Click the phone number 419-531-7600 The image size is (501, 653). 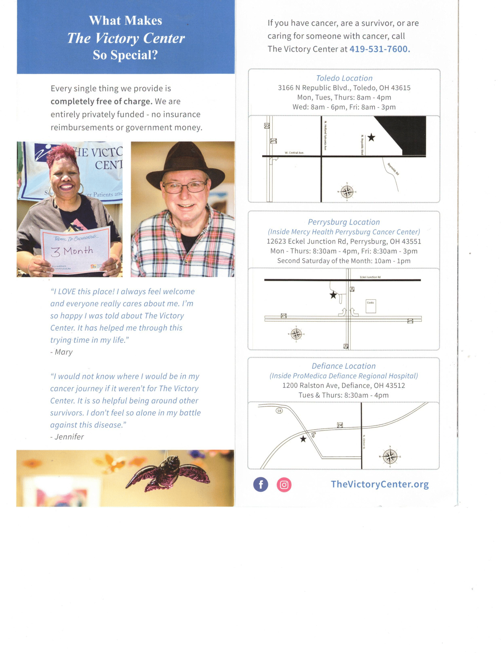[379, 49]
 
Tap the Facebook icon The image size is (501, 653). [261, 484]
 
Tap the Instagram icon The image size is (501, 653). [284, 485]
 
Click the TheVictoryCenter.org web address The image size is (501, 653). [380, 484]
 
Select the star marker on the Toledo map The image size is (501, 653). [371, 137]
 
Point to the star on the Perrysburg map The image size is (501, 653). [333, 295]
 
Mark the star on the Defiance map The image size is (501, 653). [303, 439]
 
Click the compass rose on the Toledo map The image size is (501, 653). [347, 191]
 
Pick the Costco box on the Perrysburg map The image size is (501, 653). [371, 306]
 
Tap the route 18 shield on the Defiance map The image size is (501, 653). [279, 411]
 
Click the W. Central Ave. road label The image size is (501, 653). [294, 153]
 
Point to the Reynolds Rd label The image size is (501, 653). [393, 169]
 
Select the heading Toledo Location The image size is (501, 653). [344, 78]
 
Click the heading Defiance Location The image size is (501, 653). [344, 366]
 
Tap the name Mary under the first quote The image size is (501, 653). [64, 352]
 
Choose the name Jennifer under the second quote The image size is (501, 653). [69, 437]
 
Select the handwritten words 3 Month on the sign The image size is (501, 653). [72, 251]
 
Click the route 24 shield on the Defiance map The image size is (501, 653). [340, 425]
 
